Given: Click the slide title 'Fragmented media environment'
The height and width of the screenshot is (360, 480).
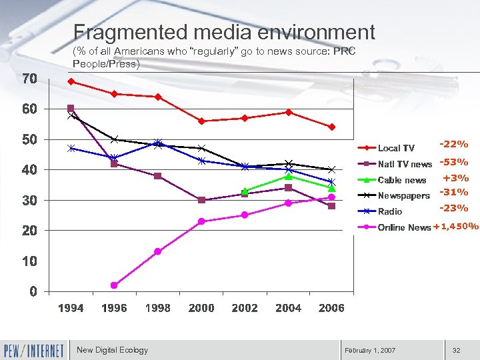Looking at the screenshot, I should coord(224,32).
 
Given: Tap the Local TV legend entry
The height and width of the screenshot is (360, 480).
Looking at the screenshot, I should coord(395,148).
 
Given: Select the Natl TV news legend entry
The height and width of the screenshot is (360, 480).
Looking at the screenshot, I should coord(404,164).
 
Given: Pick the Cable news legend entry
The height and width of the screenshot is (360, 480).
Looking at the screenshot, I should coord(401,180).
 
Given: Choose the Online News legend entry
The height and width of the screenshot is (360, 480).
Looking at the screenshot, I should coord(404,227).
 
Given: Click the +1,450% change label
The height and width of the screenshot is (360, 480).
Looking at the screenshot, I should coord(456,226).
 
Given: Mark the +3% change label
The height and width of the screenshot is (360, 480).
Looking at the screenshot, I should coord(456,178).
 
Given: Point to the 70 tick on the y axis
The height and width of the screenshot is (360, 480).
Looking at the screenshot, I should coord(29,79).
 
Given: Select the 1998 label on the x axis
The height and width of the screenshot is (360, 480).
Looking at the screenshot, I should coord(157,308).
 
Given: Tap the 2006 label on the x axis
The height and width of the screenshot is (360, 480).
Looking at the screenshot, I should coord(331,308).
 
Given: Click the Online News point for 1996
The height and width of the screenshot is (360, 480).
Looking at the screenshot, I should coord(114,285).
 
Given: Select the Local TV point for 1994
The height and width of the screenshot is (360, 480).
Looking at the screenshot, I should coord(71,81).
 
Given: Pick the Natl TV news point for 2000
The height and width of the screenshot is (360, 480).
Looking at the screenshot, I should coord(201,200).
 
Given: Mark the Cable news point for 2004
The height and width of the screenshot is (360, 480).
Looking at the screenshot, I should coord(288,176).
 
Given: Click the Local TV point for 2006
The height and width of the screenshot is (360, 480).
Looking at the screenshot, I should coord(331,127).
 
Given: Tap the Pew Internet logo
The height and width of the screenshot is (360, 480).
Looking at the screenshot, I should coord(34,350).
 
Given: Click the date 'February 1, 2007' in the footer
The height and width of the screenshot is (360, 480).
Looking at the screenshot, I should coord(370,350).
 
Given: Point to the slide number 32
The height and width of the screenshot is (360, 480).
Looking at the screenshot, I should coord(457,350).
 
